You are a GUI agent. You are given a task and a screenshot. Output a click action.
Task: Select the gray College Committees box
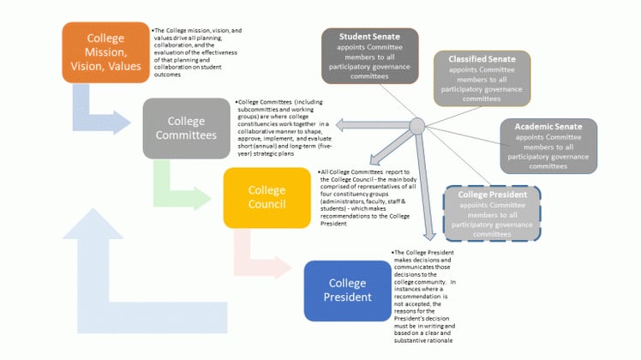[186, 128]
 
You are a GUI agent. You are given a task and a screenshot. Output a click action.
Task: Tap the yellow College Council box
[267, 197]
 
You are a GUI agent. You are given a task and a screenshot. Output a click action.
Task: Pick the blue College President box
[347, 291]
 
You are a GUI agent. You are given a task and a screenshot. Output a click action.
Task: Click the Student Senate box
[370, 57]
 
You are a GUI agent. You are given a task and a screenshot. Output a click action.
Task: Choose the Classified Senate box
[482, 78]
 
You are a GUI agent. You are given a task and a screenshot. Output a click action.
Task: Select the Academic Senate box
[549, 147]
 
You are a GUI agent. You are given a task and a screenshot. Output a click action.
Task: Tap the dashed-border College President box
[492, 213]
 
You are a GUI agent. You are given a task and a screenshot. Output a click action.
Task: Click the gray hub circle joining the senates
[416, 127]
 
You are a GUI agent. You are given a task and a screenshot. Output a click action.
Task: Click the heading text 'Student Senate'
[370, 37]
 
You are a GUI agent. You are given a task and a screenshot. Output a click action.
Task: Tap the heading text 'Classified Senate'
[482, 59]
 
